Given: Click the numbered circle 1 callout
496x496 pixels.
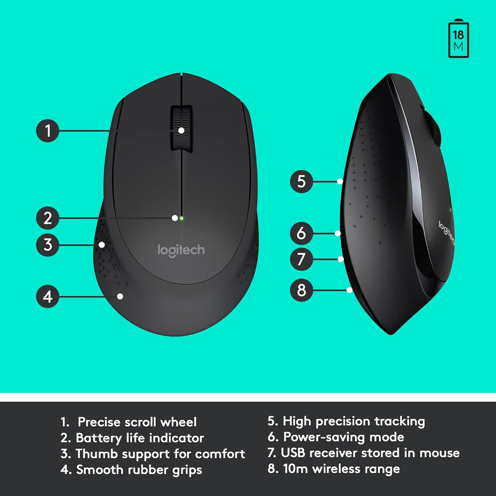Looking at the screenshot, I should click(47, 130).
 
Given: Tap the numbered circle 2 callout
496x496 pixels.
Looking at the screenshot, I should click(47, 218).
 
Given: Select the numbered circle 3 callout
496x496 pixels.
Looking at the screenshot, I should click(47, 245).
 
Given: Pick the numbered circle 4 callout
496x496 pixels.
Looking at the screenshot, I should click(47, 296).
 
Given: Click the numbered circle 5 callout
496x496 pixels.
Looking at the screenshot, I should click(301, 181).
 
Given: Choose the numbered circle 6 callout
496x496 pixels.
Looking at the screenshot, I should click(301, 233).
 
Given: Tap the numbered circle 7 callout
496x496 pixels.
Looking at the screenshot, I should click(301, 259).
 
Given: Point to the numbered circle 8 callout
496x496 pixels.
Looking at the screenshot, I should click(301, 290).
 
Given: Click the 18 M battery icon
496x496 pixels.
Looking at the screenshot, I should click(458, 40).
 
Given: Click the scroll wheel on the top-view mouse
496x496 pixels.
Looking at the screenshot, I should click(181, 127).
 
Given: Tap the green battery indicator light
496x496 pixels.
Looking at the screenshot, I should click(181, 218).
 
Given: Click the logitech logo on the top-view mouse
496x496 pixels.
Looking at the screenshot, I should click(181, 250).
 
